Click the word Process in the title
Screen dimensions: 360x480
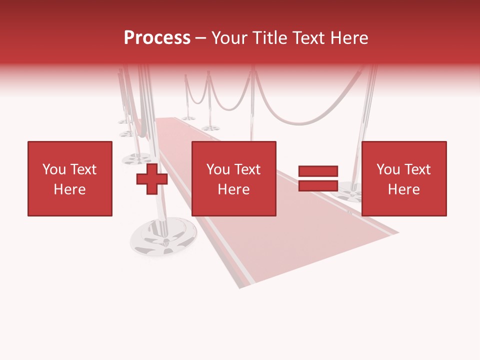pos(157,38)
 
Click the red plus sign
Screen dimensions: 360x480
pos(152,179)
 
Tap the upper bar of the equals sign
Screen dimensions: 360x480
pos(318,171)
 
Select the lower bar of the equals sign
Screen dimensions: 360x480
pos(318,186)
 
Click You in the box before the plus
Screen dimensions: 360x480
pos(54,169)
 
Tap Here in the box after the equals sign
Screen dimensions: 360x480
pos(404,189)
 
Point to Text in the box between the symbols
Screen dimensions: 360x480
pos(247,169)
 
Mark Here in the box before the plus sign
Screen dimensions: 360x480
pos(69,189)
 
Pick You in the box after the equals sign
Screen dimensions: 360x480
pos(388,169)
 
